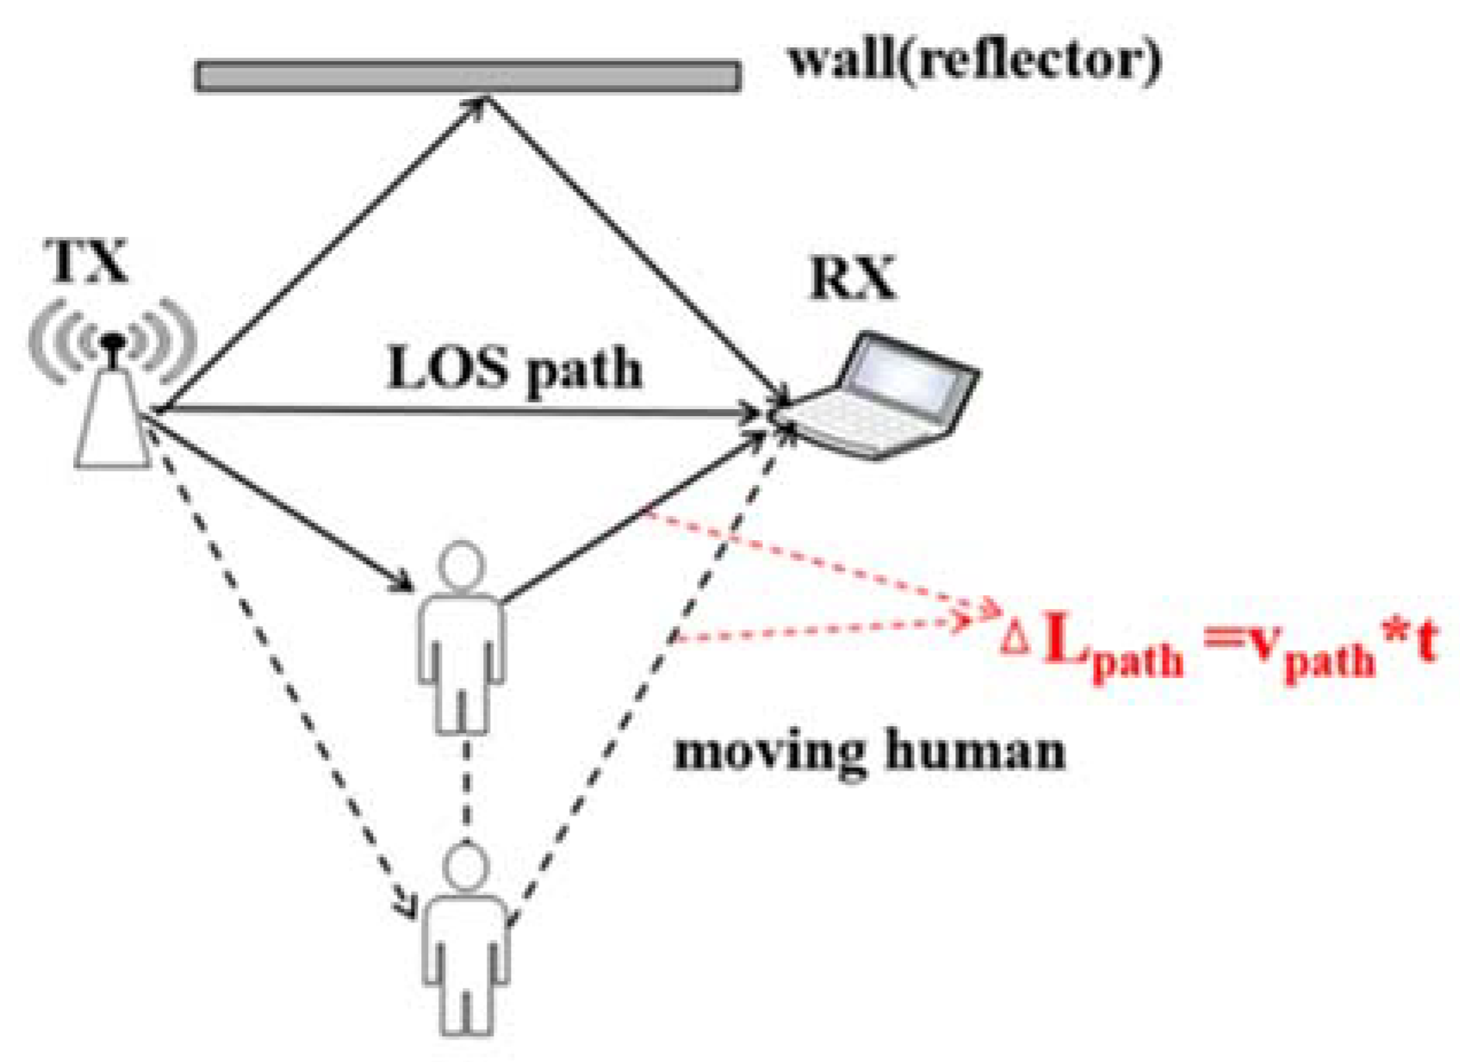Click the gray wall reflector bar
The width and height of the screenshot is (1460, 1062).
(468, 76)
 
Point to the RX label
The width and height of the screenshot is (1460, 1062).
(852, 277)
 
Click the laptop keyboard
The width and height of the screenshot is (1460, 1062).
(861, 422)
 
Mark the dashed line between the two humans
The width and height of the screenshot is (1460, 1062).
(466, 788)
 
